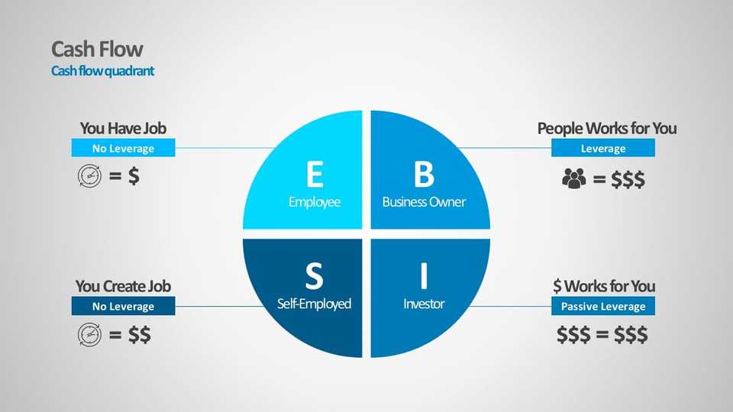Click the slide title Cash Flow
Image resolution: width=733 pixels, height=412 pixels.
(97, 50)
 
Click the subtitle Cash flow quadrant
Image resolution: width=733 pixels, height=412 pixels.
(102, 71)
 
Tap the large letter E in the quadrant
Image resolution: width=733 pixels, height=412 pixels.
(314, 174)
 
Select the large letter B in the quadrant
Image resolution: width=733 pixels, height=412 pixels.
(424, 174)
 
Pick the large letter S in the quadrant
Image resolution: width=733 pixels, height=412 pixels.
(314, 275)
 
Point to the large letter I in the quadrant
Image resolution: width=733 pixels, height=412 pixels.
(424, 275)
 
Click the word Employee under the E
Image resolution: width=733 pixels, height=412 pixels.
(314, 202)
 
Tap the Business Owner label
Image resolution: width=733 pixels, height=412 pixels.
(424, 202)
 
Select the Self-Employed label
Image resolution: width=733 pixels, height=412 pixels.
(314, 304)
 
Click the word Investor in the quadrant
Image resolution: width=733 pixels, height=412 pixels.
(424, 304)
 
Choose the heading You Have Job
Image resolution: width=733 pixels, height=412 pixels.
(123, 128)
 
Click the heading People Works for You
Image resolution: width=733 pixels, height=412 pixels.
(606, 128)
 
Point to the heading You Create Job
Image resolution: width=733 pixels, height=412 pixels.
(123, 286)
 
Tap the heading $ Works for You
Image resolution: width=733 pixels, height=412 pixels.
(603, 286)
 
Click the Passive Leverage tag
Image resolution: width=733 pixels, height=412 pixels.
(603, 307)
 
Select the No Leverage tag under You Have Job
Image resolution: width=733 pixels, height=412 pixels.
(123, 149)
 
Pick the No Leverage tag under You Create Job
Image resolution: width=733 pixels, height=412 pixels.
(123, 307)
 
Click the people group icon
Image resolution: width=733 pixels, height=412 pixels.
(573, 179)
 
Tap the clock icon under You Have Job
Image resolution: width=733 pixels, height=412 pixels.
(89, 176)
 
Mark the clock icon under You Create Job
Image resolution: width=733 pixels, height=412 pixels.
(89, 334)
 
